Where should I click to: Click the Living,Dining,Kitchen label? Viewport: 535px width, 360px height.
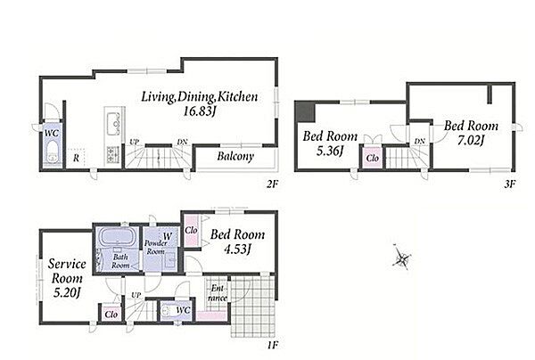coord(199,97)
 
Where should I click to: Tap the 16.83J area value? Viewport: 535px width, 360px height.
coord(200,111)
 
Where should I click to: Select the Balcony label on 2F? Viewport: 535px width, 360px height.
coord(235,157)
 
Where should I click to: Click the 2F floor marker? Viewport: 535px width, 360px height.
coord(273,184)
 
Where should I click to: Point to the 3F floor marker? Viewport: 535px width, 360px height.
coord(509,184)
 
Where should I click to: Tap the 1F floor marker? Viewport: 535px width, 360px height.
coord(273,346)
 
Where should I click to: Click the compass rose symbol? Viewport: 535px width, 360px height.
coord(401,258)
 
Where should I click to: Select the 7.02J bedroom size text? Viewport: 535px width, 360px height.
coord(471,141)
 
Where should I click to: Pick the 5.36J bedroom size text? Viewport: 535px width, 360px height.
coord(330,151)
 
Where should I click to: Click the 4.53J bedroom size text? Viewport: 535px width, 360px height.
coord(237,250)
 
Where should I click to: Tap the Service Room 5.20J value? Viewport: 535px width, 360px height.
coord(67,292)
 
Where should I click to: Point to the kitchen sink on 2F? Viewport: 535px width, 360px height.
coord(113,124)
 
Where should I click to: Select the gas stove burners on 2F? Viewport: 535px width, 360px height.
coord(113,154)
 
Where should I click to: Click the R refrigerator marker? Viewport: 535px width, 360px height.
coord(77,158)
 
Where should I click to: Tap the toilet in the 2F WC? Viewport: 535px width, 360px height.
coord(53,152)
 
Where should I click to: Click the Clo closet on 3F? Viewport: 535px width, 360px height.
coord(372,158)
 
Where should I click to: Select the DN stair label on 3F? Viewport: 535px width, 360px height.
coord(420,141)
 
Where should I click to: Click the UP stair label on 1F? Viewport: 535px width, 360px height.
coord(136,295)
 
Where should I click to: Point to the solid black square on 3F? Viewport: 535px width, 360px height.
coord(305,111)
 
